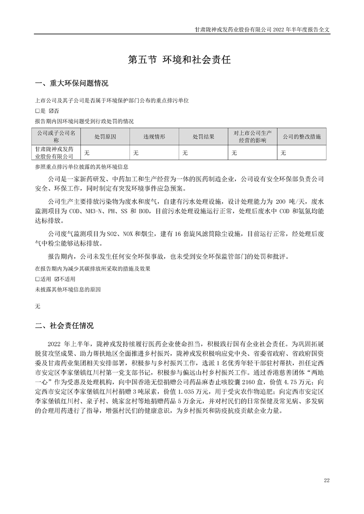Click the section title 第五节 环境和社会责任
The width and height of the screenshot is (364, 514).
[x=182, y=60]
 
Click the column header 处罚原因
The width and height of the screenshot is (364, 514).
[x=105, y=137]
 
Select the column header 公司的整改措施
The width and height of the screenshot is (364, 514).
[x=302, y=137]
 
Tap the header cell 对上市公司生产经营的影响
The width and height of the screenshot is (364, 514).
[x=253, y=137]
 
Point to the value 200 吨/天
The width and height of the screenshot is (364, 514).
[x=287, y=201]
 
